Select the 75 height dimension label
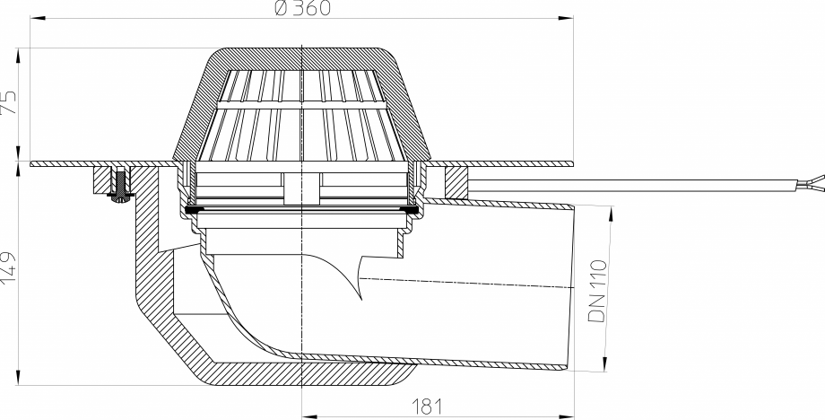[x=9, y=101]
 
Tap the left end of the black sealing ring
[x=188, y=211]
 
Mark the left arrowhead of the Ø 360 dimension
[x=34, y=16]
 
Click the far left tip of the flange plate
[x=31, y=164]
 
